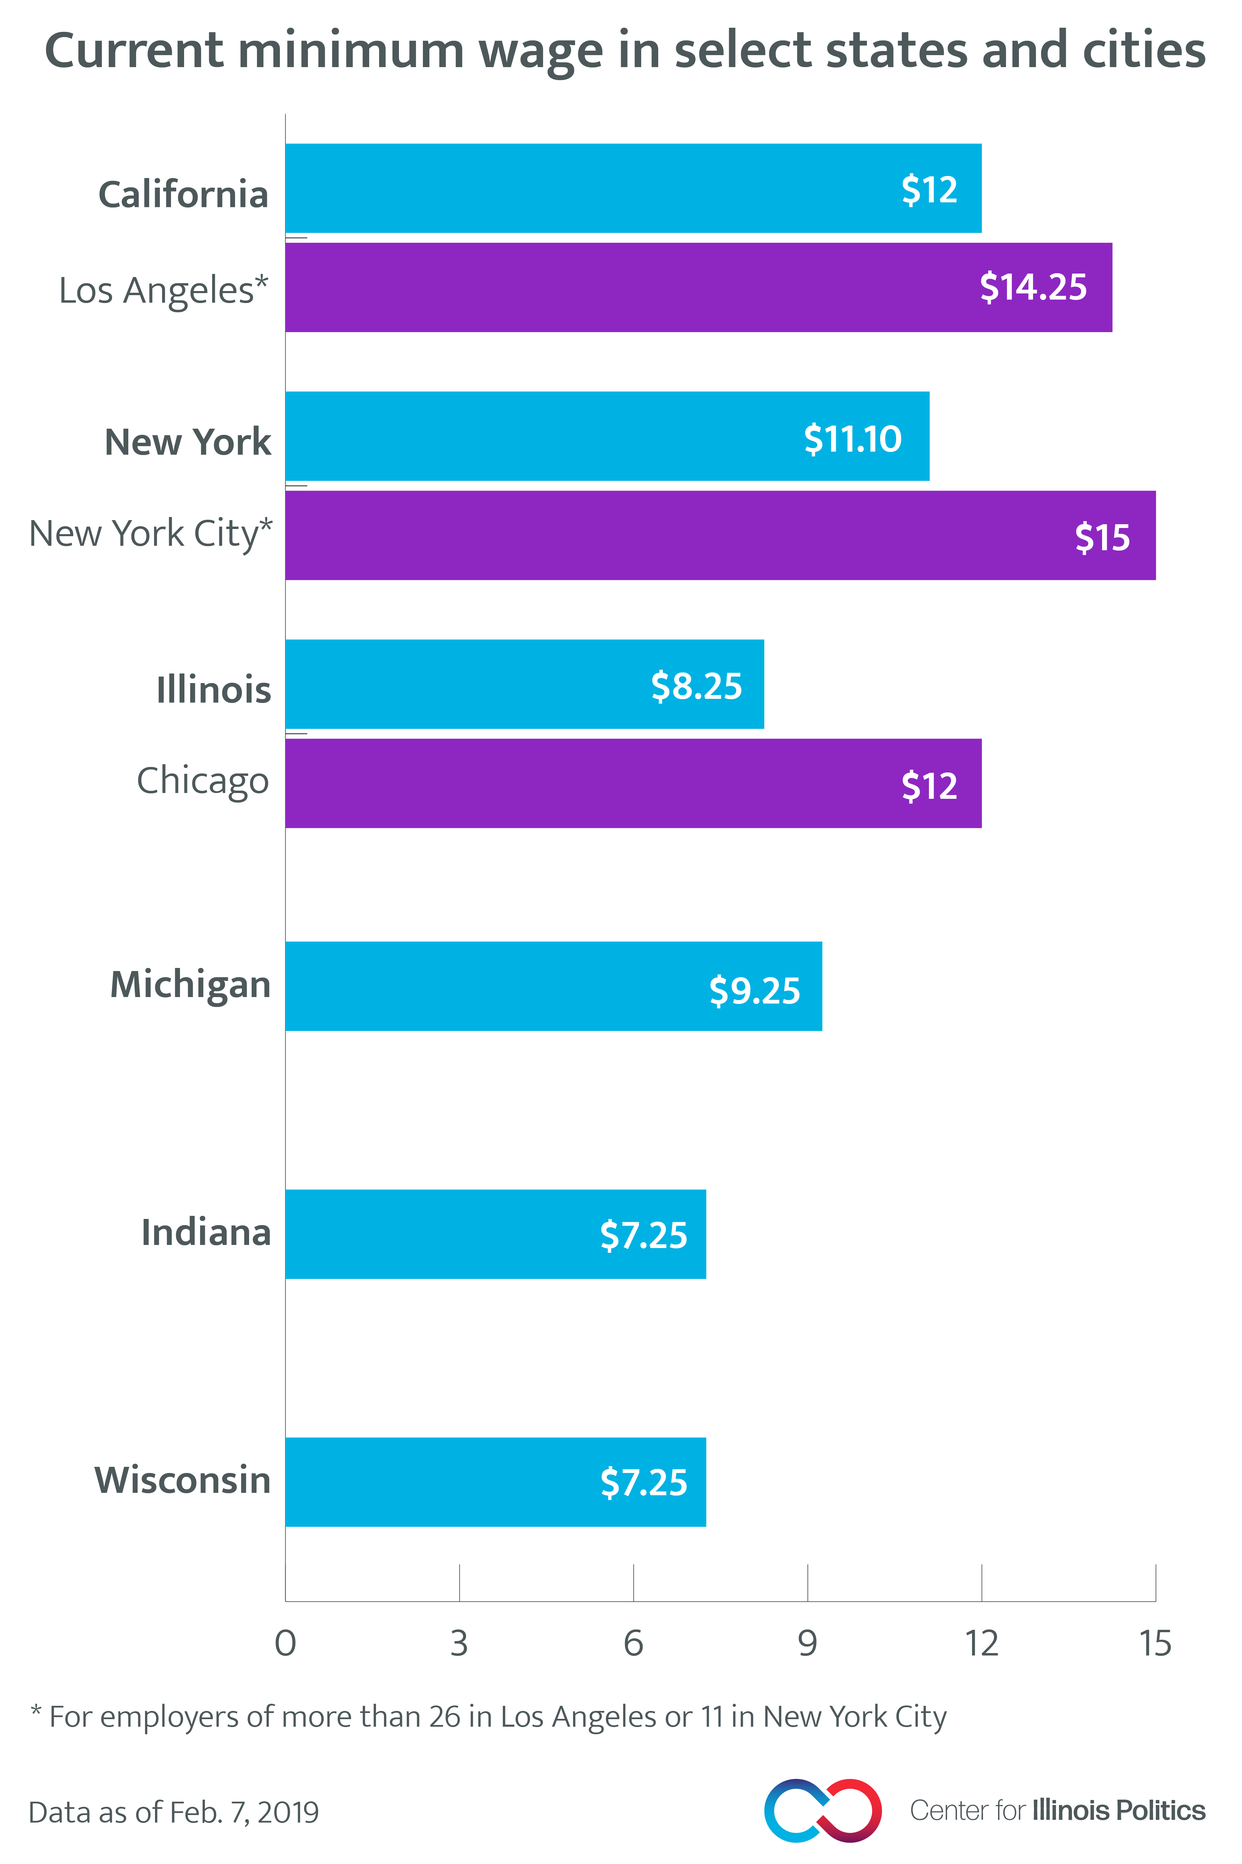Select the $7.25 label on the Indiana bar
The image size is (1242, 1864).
point(643,1235)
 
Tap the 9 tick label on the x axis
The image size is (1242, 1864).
point(807,1645)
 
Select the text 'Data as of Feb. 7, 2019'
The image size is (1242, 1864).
point(173,1813)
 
